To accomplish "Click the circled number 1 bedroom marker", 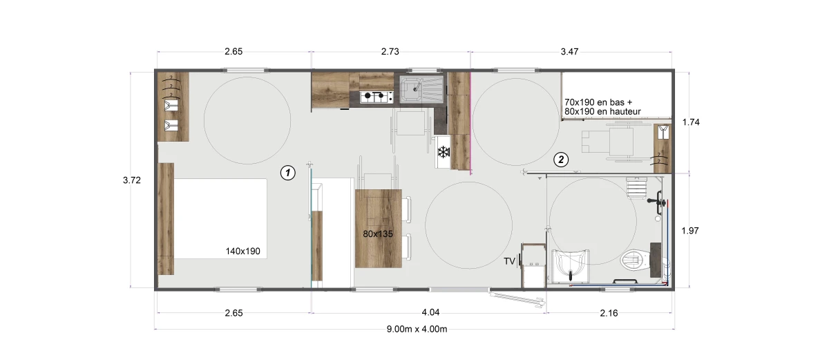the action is pyautogui.click(x=287, y=173).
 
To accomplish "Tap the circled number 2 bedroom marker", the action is pyautogui.click(x=561, y=160).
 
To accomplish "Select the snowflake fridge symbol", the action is pyautogui.click(x=444, y=152).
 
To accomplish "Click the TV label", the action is pyautogui.click(x=509, y=261).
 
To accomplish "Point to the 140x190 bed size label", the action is pyautogui.click(x=242, y=252).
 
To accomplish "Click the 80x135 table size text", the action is pyautogui.click(x=378, y=234).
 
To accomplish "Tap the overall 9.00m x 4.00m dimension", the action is pyautogui.click(x=417, y=329).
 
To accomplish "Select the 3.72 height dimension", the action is pyautogui.click(x=132, y=180).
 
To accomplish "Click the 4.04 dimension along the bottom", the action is pyautogui.click(x=430, y=312).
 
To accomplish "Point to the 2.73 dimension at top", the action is pyautogui.click(x=390, y=51).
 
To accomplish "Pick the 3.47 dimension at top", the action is pyautogui.click(x=569, y=51).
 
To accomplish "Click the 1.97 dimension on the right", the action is pyautogui.click(x=690, y=231).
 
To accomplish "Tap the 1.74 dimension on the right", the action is pyautogui.click(x=691, y=122).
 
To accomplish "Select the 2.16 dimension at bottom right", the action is pyautogui.click(x=609, y=313).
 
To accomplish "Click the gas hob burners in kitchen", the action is pyautogui.click(x=377, y=97).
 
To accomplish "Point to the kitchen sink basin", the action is pyautogui.click(x=410, y=90).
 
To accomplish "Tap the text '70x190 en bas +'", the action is pyautogui.click(x=598, y=102).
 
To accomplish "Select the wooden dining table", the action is pyautogui.click(x=379, y=228).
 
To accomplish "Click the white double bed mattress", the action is pyautogui.click(x=220, y=218).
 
